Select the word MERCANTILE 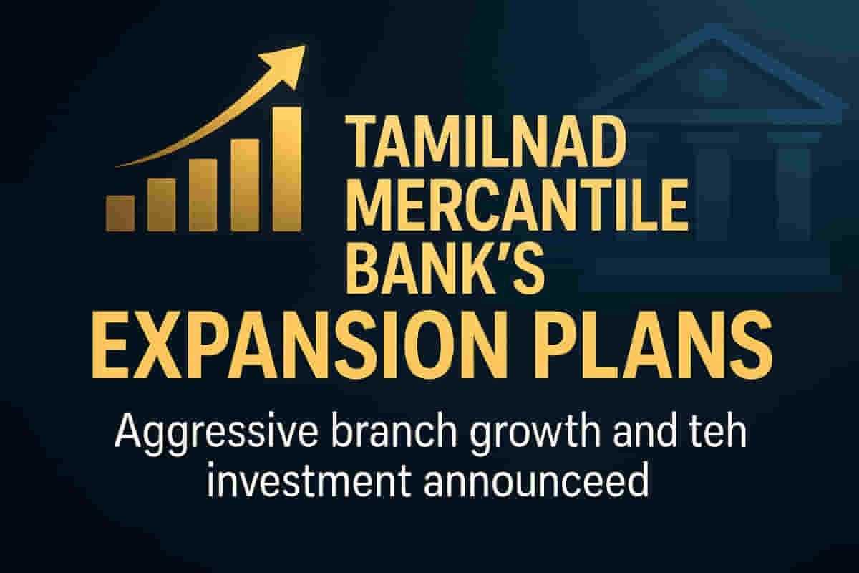[517, 206]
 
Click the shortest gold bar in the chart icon [120, 213]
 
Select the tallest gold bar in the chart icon [287, 169]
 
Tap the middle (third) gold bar [203, 196]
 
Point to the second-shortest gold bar [162, 205]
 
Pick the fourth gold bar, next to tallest [246, 186]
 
